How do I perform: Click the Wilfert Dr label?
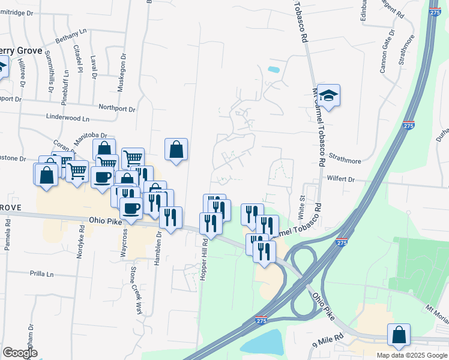click(x=341, y=179)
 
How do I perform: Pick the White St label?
click(x=302, y=207)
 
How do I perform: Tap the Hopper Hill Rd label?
click(x=205, y=256)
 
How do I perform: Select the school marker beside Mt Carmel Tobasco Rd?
click(x=329, y=95)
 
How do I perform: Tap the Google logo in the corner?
click(x=20, y=352)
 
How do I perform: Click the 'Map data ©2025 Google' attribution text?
click(x=411, y=355)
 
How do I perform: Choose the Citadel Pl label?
click(x=77, y=56)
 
